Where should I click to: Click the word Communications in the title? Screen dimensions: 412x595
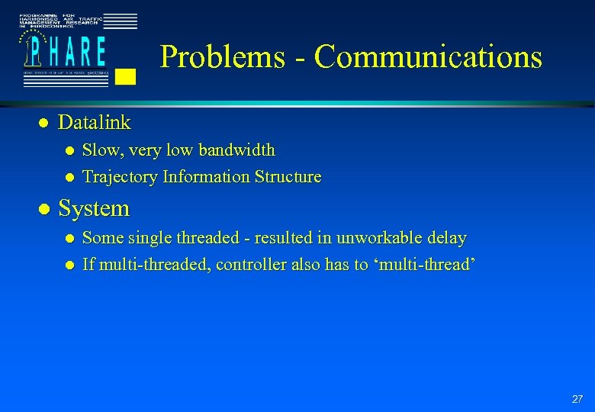coord(428,57)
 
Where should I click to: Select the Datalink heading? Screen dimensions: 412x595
coord(94,122)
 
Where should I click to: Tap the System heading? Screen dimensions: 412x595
coord(94,208)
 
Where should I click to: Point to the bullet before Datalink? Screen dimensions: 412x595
coord(43,123)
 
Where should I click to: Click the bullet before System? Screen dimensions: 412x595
coord(43,208)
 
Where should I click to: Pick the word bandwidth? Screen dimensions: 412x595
coord(239,150)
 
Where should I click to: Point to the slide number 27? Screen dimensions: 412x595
coord(577,399)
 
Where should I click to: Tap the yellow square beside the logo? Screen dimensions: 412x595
coord(127,76)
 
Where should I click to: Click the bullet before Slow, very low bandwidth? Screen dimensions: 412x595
coord(69,150)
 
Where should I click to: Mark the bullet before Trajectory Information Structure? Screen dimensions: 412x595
coord(69,177)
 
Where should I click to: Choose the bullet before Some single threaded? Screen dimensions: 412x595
coord(69,238)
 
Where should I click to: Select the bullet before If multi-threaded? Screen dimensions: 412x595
coord(69,266)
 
